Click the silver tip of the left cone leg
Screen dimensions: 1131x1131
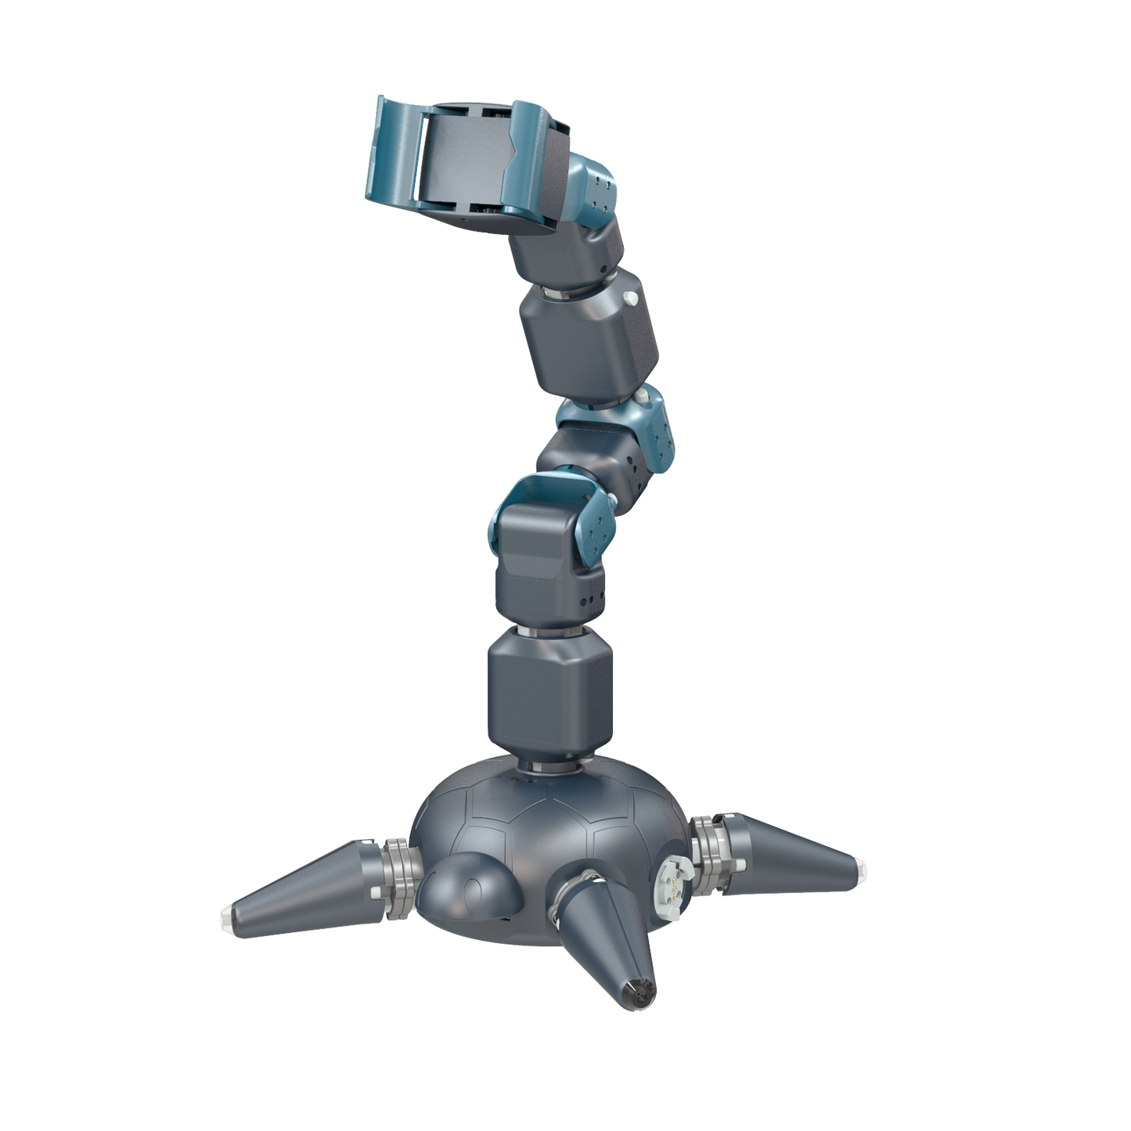pos(229,915)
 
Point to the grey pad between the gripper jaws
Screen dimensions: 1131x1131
pos(462,160)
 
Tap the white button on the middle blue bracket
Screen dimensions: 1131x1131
pos(642,400)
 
